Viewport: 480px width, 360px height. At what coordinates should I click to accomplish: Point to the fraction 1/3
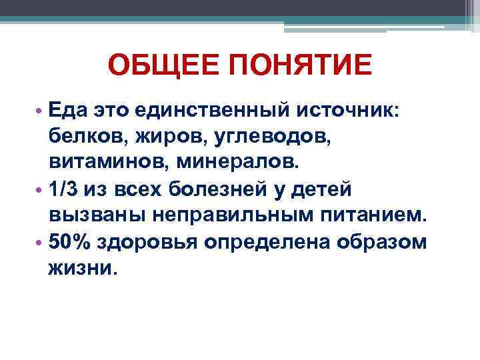[x=63, y=189]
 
